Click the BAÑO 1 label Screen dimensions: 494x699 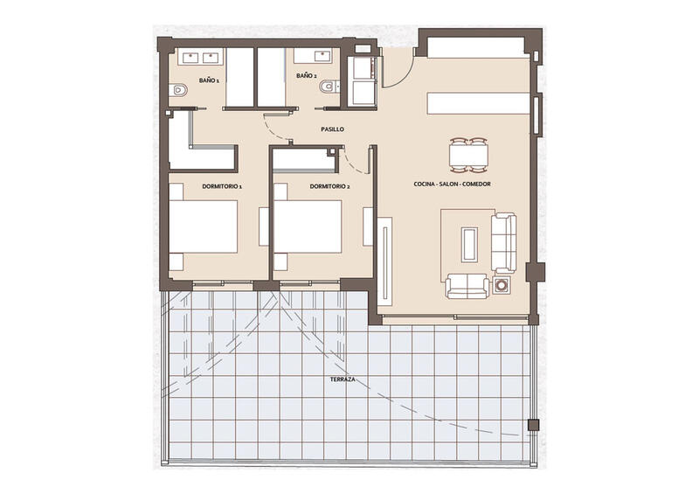pos(208,80)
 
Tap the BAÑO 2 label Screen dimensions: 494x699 pos(305,76)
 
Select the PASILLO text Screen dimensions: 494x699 pos(331,129)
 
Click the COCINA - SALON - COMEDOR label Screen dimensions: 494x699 pos(452,184)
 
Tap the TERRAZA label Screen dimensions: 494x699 pos(343,380)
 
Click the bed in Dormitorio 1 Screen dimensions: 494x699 pos(204,226)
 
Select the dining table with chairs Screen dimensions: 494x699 pos(468,155)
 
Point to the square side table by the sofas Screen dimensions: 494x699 pos(502,285)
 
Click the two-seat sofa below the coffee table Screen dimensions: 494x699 pos(467,285)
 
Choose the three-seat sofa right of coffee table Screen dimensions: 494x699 pos(503,241)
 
